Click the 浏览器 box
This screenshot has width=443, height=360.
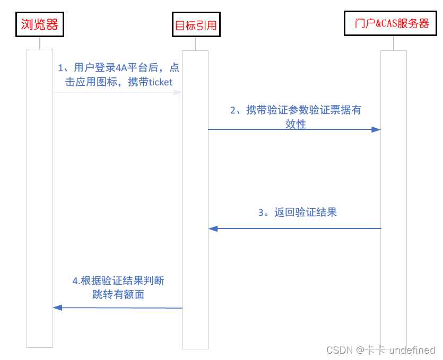[x=39, y=24]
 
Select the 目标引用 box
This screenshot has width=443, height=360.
[x=195, y=25]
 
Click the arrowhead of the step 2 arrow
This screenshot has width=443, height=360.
[x=376, y=129]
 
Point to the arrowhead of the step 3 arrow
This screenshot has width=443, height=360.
[x=213, y=229]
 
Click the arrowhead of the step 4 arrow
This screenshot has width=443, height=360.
[x=58, y=308]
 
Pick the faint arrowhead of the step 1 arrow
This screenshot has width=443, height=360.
[x=178, y=92]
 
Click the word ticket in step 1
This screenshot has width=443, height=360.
[x=160, y=82]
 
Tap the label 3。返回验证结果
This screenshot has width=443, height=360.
[x=297, y=213]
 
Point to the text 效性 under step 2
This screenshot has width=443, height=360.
[x=296, y=124]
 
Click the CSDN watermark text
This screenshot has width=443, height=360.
[x=340, y=350]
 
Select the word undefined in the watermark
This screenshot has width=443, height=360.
[x=412, y=350]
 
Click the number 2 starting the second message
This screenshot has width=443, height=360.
[x=233, y=110]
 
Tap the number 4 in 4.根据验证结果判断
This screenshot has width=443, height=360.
[x=75, y=280]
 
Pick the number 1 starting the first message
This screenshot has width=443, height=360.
[x=61, y=67]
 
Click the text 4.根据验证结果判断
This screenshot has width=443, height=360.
[x=118, y=280]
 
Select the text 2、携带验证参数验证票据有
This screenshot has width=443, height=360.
[x=296, y=110]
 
